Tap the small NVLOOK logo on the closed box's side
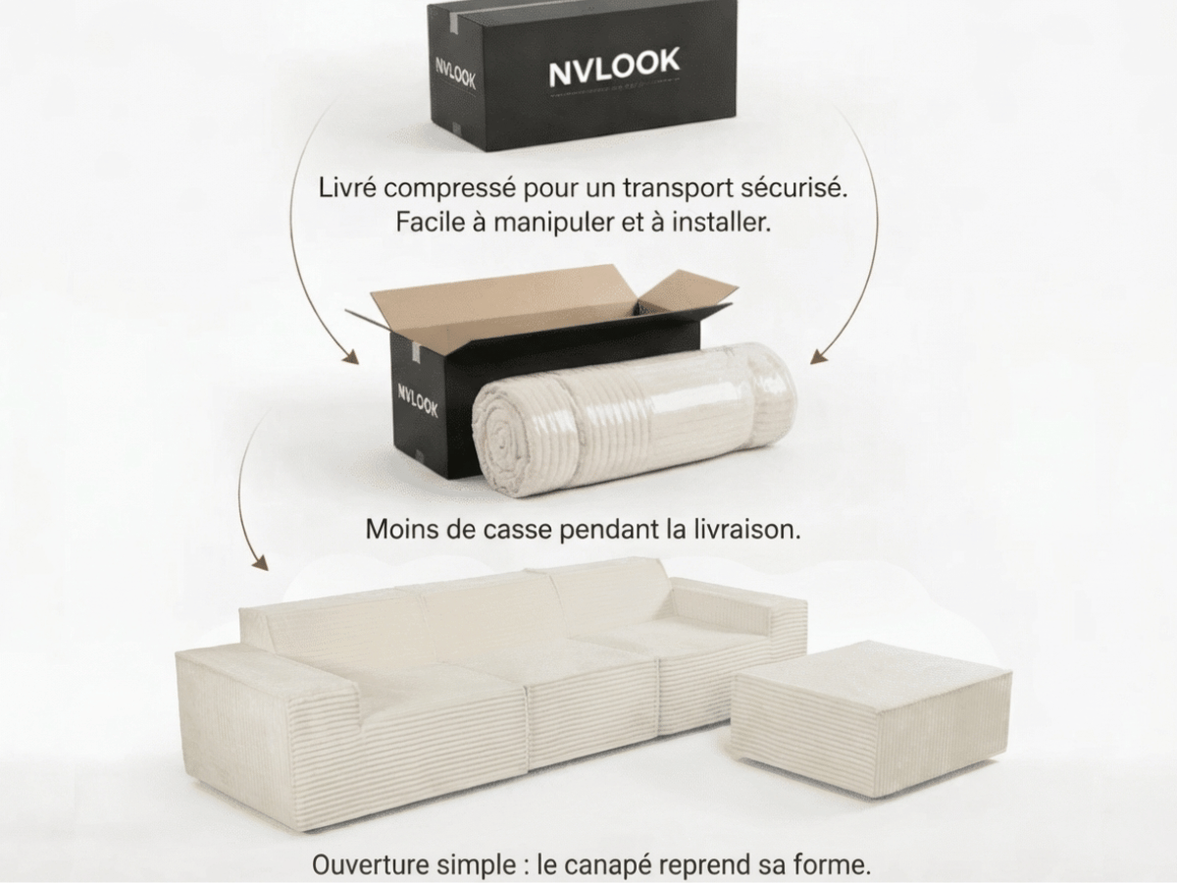coord(455,76)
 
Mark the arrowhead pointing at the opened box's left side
coord(346,358)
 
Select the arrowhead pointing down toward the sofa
coord(259,563)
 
